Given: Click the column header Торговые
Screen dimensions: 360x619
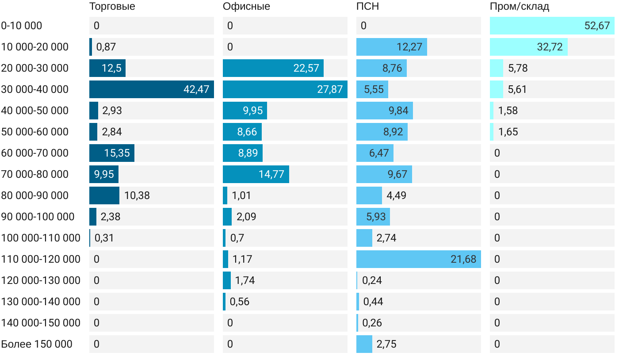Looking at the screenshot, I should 112,7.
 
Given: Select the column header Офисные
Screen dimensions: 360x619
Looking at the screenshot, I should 246,7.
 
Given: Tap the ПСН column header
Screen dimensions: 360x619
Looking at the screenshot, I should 367,7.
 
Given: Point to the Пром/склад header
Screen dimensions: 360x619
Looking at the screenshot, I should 519,7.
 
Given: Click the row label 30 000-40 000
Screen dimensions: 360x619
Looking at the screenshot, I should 35,89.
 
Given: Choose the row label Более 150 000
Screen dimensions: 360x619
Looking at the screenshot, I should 37,344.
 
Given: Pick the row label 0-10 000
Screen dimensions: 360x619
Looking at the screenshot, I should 22,26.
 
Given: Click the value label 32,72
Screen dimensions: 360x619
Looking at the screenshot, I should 550,47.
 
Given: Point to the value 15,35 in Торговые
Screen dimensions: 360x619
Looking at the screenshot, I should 117,153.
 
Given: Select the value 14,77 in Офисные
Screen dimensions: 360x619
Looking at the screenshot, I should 271,174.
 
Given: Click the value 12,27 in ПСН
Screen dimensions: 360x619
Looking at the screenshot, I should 409,47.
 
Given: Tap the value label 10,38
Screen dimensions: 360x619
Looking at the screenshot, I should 137,195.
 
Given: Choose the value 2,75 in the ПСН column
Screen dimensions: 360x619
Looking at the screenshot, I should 386,344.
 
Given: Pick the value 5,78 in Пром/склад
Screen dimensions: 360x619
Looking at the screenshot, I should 518,68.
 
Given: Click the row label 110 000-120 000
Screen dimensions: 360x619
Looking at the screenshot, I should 41,259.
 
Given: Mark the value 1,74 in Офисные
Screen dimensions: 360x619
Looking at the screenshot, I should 245,280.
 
